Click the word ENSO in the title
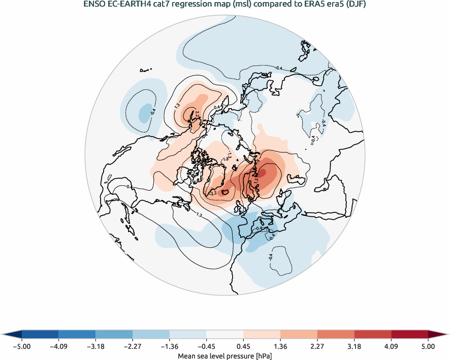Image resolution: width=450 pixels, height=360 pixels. (x=94, y=5)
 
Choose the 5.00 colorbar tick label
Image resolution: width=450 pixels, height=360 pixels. (x=428, y=347)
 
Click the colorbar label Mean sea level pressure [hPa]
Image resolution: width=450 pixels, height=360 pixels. (x=224, y=356)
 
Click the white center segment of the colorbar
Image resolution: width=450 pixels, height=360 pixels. (x=224, y=334)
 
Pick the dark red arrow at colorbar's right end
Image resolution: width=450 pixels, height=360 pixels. (x=438, y=334)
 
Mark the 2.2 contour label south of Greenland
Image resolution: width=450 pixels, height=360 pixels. (x=213, y=192)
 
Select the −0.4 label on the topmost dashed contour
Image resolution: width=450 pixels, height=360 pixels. (x=279, y=68)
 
